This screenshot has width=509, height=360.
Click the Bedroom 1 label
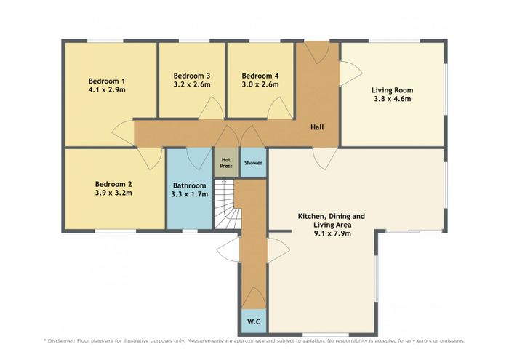pyautogui.click(x=106, y=81)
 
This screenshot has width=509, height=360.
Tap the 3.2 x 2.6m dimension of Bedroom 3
pyautogui.click(x=192, y=84)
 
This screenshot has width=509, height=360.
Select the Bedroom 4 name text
pyautogui.click(x=260, y=76)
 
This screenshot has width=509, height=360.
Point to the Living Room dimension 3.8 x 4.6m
pyautogui.click(x=392, y=99)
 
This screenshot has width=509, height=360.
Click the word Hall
pyautogui.click(x=317, y=127)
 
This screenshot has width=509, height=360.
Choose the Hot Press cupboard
pyautogui.click(x=226, y=163)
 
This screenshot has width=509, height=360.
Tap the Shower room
pyautogui.click(x=253, y=163)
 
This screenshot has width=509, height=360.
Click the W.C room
pyautogui.click(x=254, y=321)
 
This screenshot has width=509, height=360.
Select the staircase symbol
pyautogui.click(x=227, y=204)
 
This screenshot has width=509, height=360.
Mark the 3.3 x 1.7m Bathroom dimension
pyautogui.click(x=190, y=194)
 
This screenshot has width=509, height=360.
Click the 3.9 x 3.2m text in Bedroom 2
pyautogui.click(x=113, y=193)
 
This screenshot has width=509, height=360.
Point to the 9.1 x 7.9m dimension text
pyautogui.click(x=332, y=233)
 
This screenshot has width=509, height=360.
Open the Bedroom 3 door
pyautogui.click(x=211, y=108)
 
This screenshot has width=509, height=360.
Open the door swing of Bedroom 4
pyautogui.click(x=279, y=108)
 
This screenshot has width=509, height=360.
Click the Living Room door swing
pyautogui.click(x=350, y=73)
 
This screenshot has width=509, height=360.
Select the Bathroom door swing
pyautogui.click(x=199, y=159)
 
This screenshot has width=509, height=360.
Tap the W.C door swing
pyautogui.click(x=254, y=297)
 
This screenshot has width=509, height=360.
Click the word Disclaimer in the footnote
pyautogui.click(x=61, y=341)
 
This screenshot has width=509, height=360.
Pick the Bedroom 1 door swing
pyautogui.click(x=123, y=133)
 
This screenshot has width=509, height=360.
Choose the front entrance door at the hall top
pyautogui.click(x=318, y=52)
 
